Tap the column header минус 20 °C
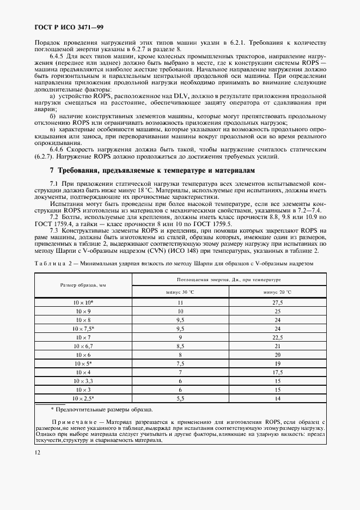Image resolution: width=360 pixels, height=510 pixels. pos(277,292)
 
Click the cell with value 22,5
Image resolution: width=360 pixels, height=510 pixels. pos(277,337)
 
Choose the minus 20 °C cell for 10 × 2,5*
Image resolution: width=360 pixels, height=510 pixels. pos(277,398)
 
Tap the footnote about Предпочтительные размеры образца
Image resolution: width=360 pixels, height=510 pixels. pos(101,409)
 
